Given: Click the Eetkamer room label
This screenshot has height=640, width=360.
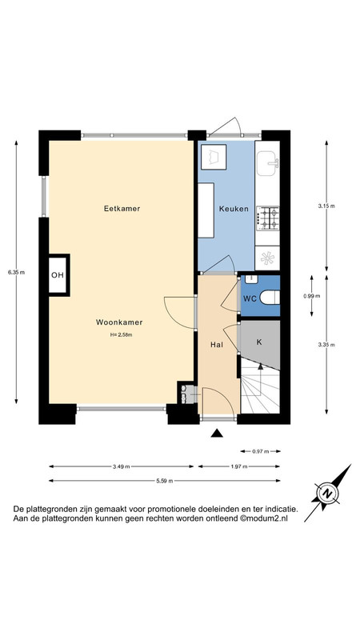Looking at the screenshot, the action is click(x=122, y=209).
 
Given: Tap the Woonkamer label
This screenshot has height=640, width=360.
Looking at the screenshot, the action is click(x=119, y=322).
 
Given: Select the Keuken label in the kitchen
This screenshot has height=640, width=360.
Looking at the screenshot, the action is click(x=234, y=209).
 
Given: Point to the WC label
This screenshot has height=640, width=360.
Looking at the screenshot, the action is click(x=250, y=298).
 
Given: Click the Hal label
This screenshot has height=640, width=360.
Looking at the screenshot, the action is click(x=216, y=345).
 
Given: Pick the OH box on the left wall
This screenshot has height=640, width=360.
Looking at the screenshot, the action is click(x=58, y=274).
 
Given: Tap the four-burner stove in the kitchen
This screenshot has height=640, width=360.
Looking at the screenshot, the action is click(x=268, y=217).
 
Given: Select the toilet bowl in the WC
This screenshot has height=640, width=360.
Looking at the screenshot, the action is click(x=270, y=298).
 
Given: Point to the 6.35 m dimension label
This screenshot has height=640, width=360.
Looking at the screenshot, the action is click(x=16, y=272).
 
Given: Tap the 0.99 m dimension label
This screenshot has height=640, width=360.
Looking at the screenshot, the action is click(x=312, y=296).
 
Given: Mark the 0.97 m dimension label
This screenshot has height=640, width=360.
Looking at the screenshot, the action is click(x=261, y=451).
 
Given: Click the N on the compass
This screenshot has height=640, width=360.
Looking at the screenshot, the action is click(x=326, y=494).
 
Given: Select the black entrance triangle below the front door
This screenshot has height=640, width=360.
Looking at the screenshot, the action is click(x=217, y=434).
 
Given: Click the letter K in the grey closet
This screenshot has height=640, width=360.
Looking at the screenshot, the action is click(x=258, y=342).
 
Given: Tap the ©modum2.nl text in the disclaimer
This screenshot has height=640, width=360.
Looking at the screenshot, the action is click(x=264, y=518).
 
